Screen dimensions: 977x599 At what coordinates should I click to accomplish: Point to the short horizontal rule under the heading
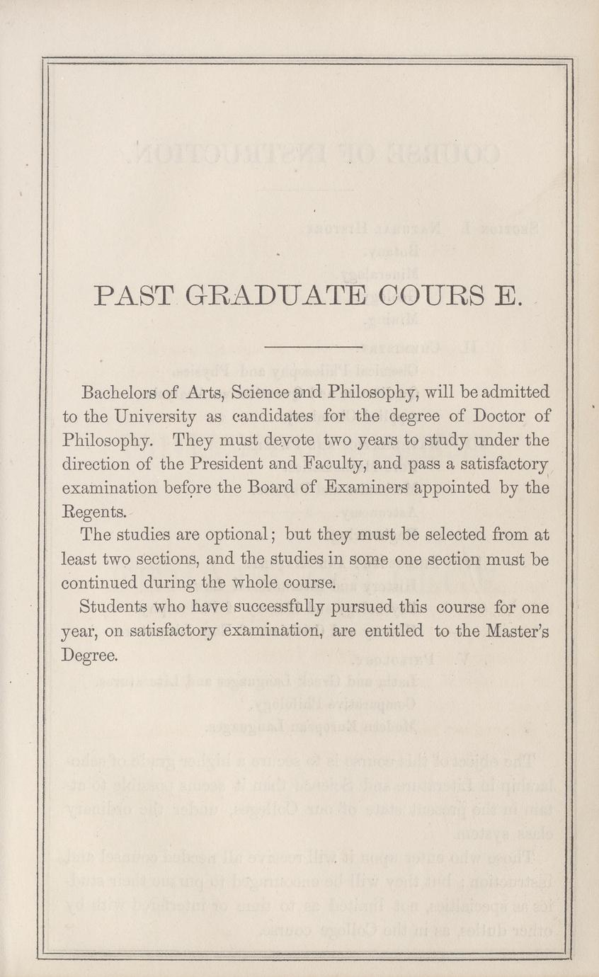(312, 347)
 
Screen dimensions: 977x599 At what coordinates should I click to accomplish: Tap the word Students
(115, 607)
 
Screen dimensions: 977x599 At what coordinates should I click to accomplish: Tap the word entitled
(393, 632)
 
